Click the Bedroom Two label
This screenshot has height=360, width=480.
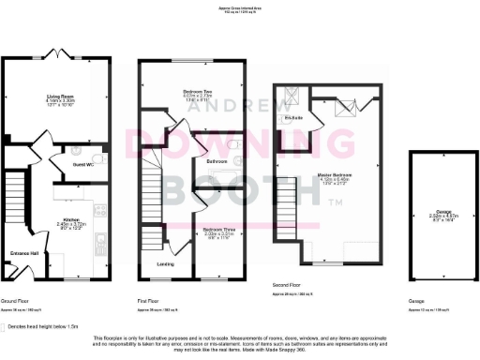[x=198, y=91]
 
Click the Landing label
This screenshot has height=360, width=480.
[x=164, y=264]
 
